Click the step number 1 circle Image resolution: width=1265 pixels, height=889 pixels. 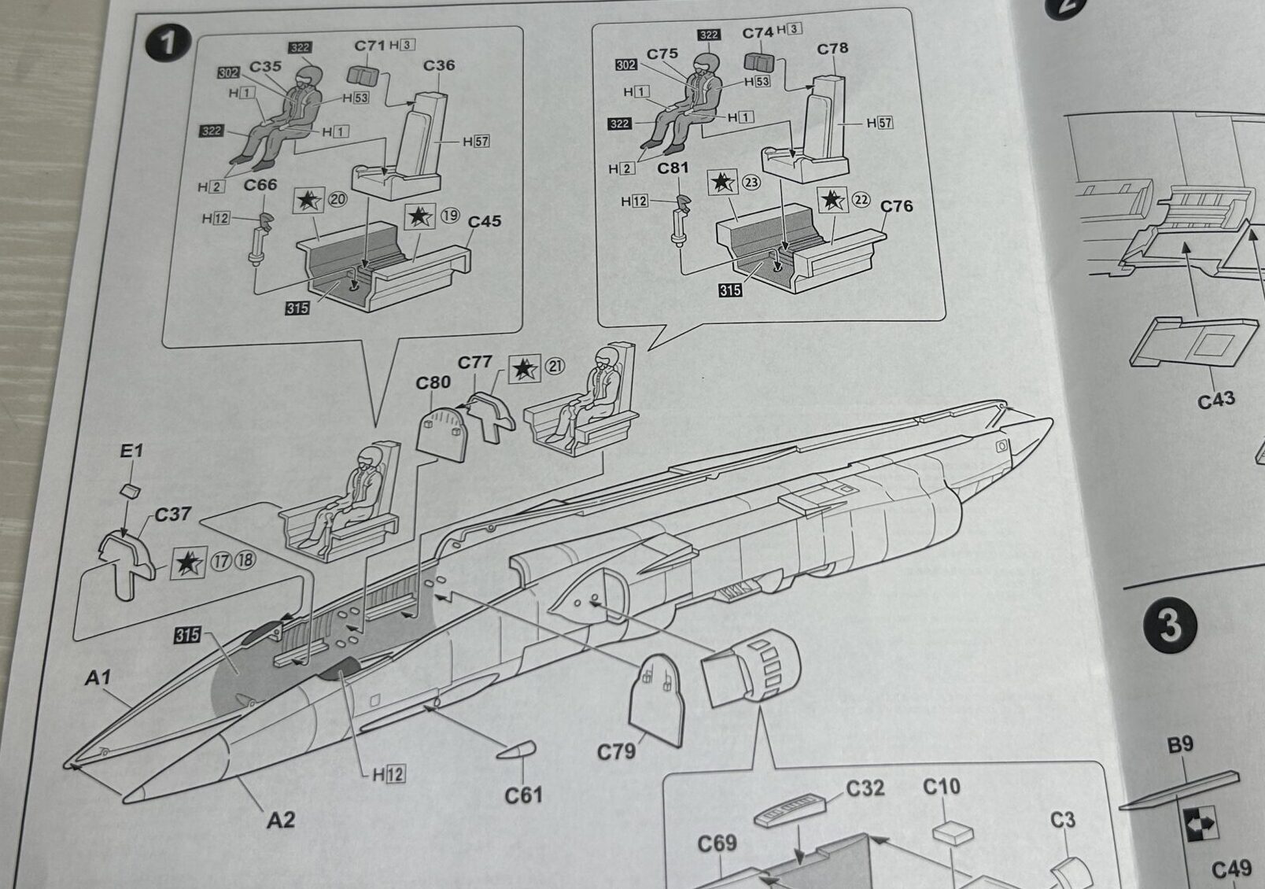click(x=167, y=42)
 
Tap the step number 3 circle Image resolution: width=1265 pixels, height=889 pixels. click(x=1170, y=626)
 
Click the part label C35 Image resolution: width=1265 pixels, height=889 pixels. click(x=265, y=66)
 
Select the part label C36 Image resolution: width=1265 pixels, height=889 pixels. click(x=438, y=65)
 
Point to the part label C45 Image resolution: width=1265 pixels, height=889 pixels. click(x=484, y=222)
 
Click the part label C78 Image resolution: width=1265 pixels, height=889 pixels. click(x=832, y=49)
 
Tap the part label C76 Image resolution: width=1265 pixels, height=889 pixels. click(x=896, y=206)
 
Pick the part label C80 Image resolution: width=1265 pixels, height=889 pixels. click(x=433, y=382)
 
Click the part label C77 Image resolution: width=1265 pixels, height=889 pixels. click(x=474, y=362)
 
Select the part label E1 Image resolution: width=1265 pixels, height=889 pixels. click(x=131, y=451)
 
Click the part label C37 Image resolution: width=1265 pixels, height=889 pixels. click(x=172, y=515)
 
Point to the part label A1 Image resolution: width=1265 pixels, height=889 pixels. click(x=98, y=677)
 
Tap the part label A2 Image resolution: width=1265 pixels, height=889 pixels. click(x=280, y=821)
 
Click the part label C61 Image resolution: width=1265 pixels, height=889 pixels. click(x=523, y=796)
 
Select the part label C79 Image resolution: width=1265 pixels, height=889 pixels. click(x=615, y=752)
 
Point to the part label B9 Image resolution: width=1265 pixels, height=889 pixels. click(x=1180, y=744)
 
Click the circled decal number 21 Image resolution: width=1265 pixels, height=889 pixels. click(x=555, y=366)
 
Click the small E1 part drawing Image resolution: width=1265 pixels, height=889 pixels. click(x=130, y=491)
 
